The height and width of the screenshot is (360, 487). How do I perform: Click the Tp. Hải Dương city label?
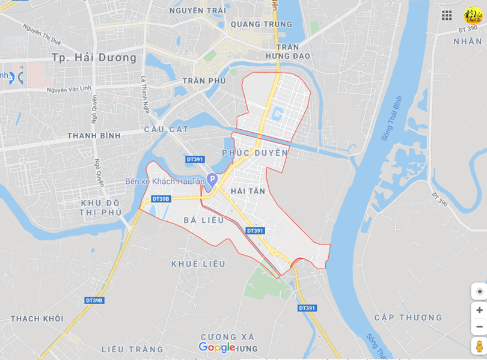[94, 58]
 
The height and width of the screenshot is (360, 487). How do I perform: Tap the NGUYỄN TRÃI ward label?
[198, 11]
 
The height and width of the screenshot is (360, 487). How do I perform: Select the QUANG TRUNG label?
[261, 25]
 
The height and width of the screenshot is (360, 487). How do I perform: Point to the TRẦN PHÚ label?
[204, 81]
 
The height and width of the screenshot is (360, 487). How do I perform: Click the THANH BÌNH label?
[94, 136]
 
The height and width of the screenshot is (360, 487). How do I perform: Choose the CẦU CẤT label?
[167, 130]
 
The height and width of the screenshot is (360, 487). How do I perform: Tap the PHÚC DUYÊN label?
[255, 153]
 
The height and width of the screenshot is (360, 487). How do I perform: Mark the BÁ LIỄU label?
[204, 221]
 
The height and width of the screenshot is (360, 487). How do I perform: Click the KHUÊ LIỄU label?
[198, 264]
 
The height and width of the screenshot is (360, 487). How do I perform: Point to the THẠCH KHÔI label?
[37, 319]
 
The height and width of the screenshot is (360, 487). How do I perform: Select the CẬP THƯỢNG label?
[408, 317]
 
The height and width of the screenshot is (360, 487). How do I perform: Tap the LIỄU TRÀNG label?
[132, 349]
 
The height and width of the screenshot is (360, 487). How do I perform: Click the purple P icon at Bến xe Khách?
[212, 179]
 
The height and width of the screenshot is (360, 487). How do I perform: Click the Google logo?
[216, 347]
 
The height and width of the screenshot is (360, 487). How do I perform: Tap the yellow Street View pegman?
[479, 346]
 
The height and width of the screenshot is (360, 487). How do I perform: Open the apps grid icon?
[447, 16]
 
